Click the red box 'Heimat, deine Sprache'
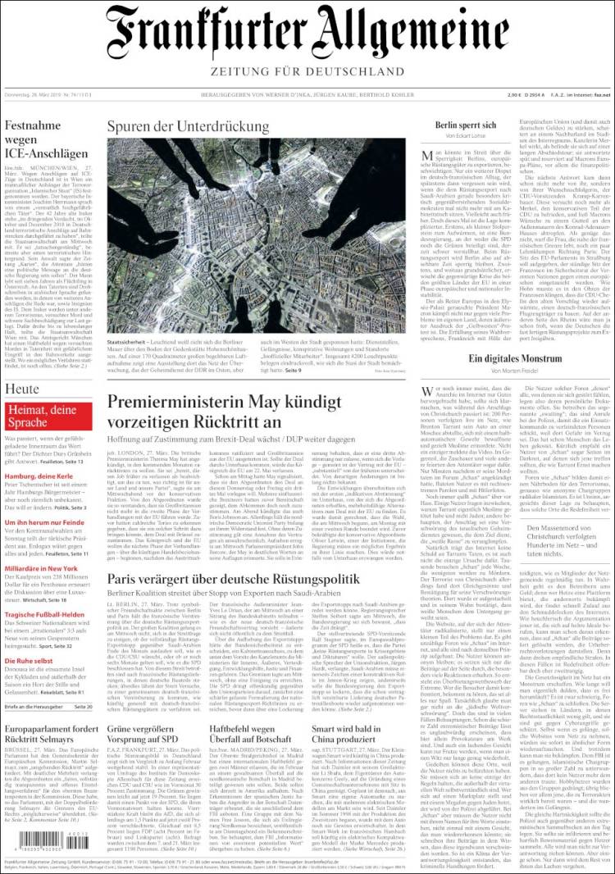coord(49,417)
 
